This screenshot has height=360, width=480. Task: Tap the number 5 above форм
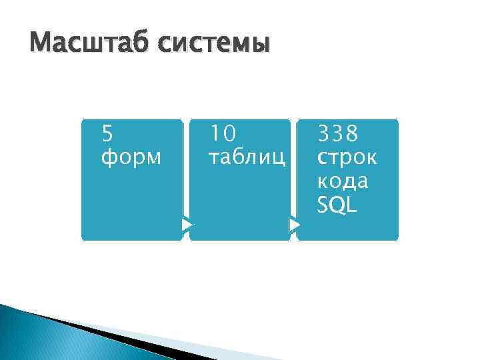pos(107,135)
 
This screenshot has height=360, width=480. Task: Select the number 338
pos(338,135)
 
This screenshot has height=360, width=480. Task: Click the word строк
pos(347,159)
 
